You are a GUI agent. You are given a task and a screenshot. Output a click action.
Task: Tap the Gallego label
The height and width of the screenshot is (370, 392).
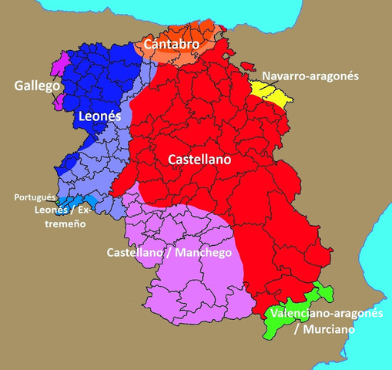(37, 86)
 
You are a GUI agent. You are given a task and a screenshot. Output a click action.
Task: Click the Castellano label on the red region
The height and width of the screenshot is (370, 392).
(200, 159)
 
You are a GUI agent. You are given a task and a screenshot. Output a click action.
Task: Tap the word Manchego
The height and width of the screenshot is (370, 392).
(203, 252)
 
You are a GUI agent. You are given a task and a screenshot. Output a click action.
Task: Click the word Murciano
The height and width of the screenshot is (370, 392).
(329, 329)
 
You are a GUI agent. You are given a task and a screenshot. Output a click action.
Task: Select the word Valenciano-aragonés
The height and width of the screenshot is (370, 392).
(326, 314)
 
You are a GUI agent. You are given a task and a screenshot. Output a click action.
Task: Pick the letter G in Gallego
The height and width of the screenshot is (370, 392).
(18, 86)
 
